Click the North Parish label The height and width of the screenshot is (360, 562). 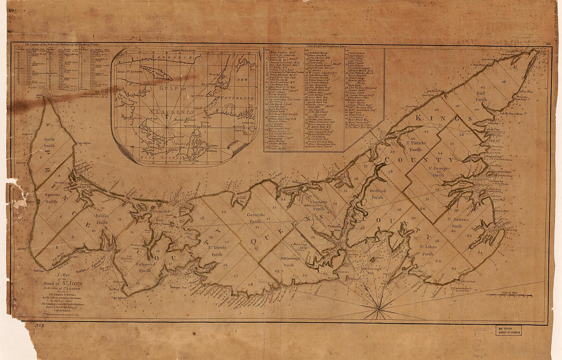[x=50, y=142]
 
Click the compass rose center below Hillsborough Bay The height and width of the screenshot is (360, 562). [x=379, y=308]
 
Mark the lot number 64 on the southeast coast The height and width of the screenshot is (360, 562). [x=480, y=252]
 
